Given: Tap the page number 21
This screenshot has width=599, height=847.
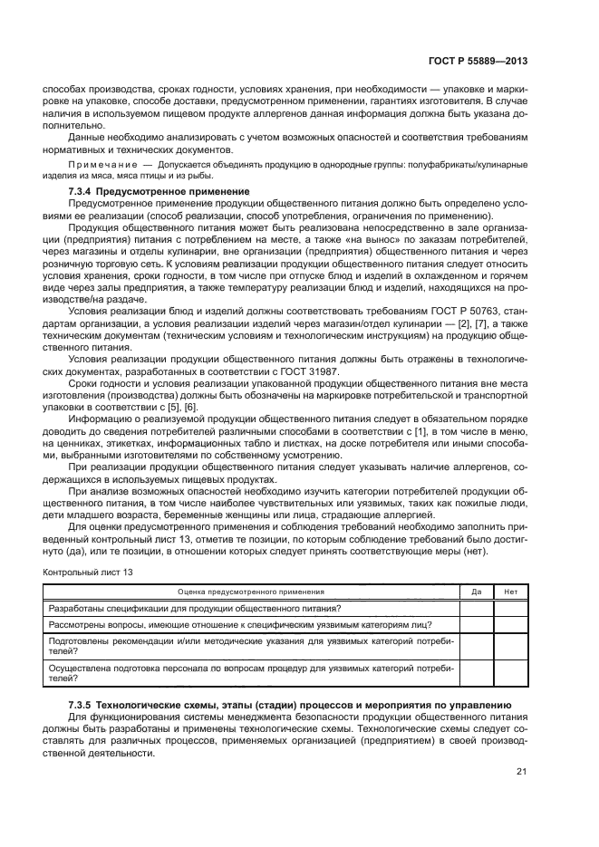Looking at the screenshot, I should tap(521, 772).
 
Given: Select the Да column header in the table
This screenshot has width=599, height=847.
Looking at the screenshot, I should tap(477, 592).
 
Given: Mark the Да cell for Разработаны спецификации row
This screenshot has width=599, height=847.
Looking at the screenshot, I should tap(477, 608).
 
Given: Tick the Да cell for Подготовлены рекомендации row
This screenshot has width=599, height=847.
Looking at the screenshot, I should tap(477, 645).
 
